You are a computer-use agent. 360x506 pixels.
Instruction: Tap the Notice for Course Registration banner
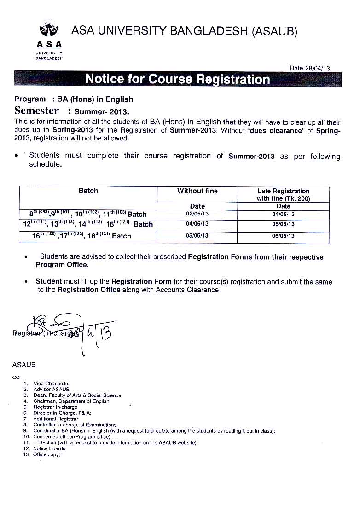(x=178, y=79)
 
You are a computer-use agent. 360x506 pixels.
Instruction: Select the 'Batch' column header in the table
(x=88, y=191)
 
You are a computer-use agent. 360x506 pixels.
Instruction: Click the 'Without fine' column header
(x=197, y=191)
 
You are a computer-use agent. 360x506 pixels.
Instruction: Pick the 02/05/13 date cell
(x=197, y=214)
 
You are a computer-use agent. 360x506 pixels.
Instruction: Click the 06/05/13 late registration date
(x=283, y=236)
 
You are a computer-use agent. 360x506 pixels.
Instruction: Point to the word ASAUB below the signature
(x=24, y=365)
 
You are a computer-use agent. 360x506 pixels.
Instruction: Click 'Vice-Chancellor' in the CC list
(x=52, y=384)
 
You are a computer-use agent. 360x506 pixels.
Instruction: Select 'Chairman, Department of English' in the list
(x=71, y=401)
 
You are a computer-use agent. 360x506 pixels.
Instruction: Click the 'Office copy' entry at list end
(x=46, y=454)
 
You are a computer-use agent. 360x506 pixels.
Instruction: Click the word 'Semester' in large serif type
(x=37, y=111)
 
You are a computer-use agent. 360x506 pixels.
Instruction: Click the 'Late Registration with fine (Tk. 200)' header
(x=283, y=195)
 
